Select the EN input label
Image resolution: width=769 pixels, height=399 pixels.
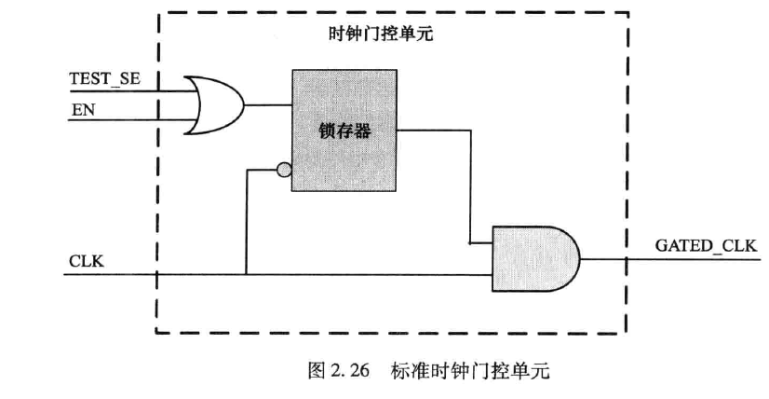(x=82, y=110)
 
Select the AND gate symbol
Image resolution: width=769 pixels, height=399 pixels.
(x=533, y=259)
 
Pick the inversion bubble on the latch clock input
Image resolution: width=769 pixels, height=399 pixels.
(x=284, y=171)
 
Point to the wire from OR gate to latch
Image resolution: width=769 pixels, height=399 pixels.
(x=268, y=103)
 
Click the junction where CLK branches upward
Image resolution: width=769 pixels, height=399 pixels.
(x=247, y=274)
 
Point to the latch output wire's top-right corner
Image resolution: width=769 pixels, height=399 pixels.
(x=469, y=130)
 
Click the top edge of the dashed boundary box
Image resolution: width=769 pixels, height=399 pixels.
(x=391, y=12)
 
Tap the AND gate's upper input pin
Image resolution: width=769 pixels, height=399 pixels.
(x=480, y=243)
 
